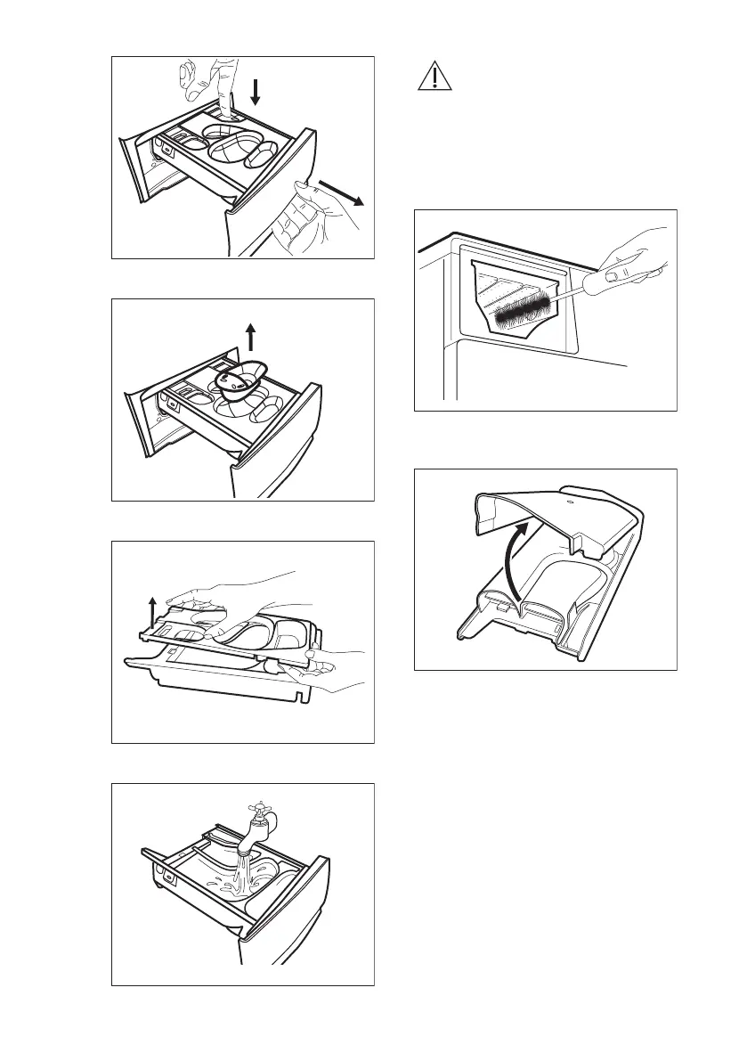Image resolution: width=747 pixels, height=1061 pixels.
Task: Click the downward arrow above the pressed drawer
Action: tap(255, 91)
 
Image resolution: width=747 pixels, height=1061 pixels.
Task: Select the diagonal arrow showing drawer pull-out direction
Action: tap(342, 191)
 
